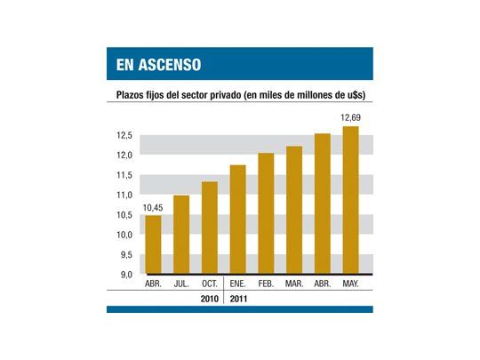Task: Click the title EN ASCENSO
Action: (x=158, y=65)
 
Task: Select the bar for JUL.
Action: (x=181, y=235)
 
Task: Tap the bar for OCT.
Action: (x=210, y=228)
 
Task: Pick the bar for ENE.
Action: (x=238, y=220)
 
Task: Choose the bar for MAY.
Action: (x=350, y=200)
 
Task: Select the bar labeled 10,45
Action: (x=153, y=244)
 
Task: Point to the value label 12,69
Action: (x=349, y=118)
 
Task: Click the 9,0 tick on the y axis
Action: (x=124, y=275)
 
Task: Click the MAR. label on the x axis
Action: (x=294, y=284)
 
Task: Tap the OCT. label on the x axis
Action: (x=210, y=284)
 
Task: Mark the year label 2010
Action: (x=211, y=299)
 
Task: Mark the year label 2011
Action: (x=239, y=299)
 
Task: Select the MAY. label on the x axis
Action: (x=350, y=284)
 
